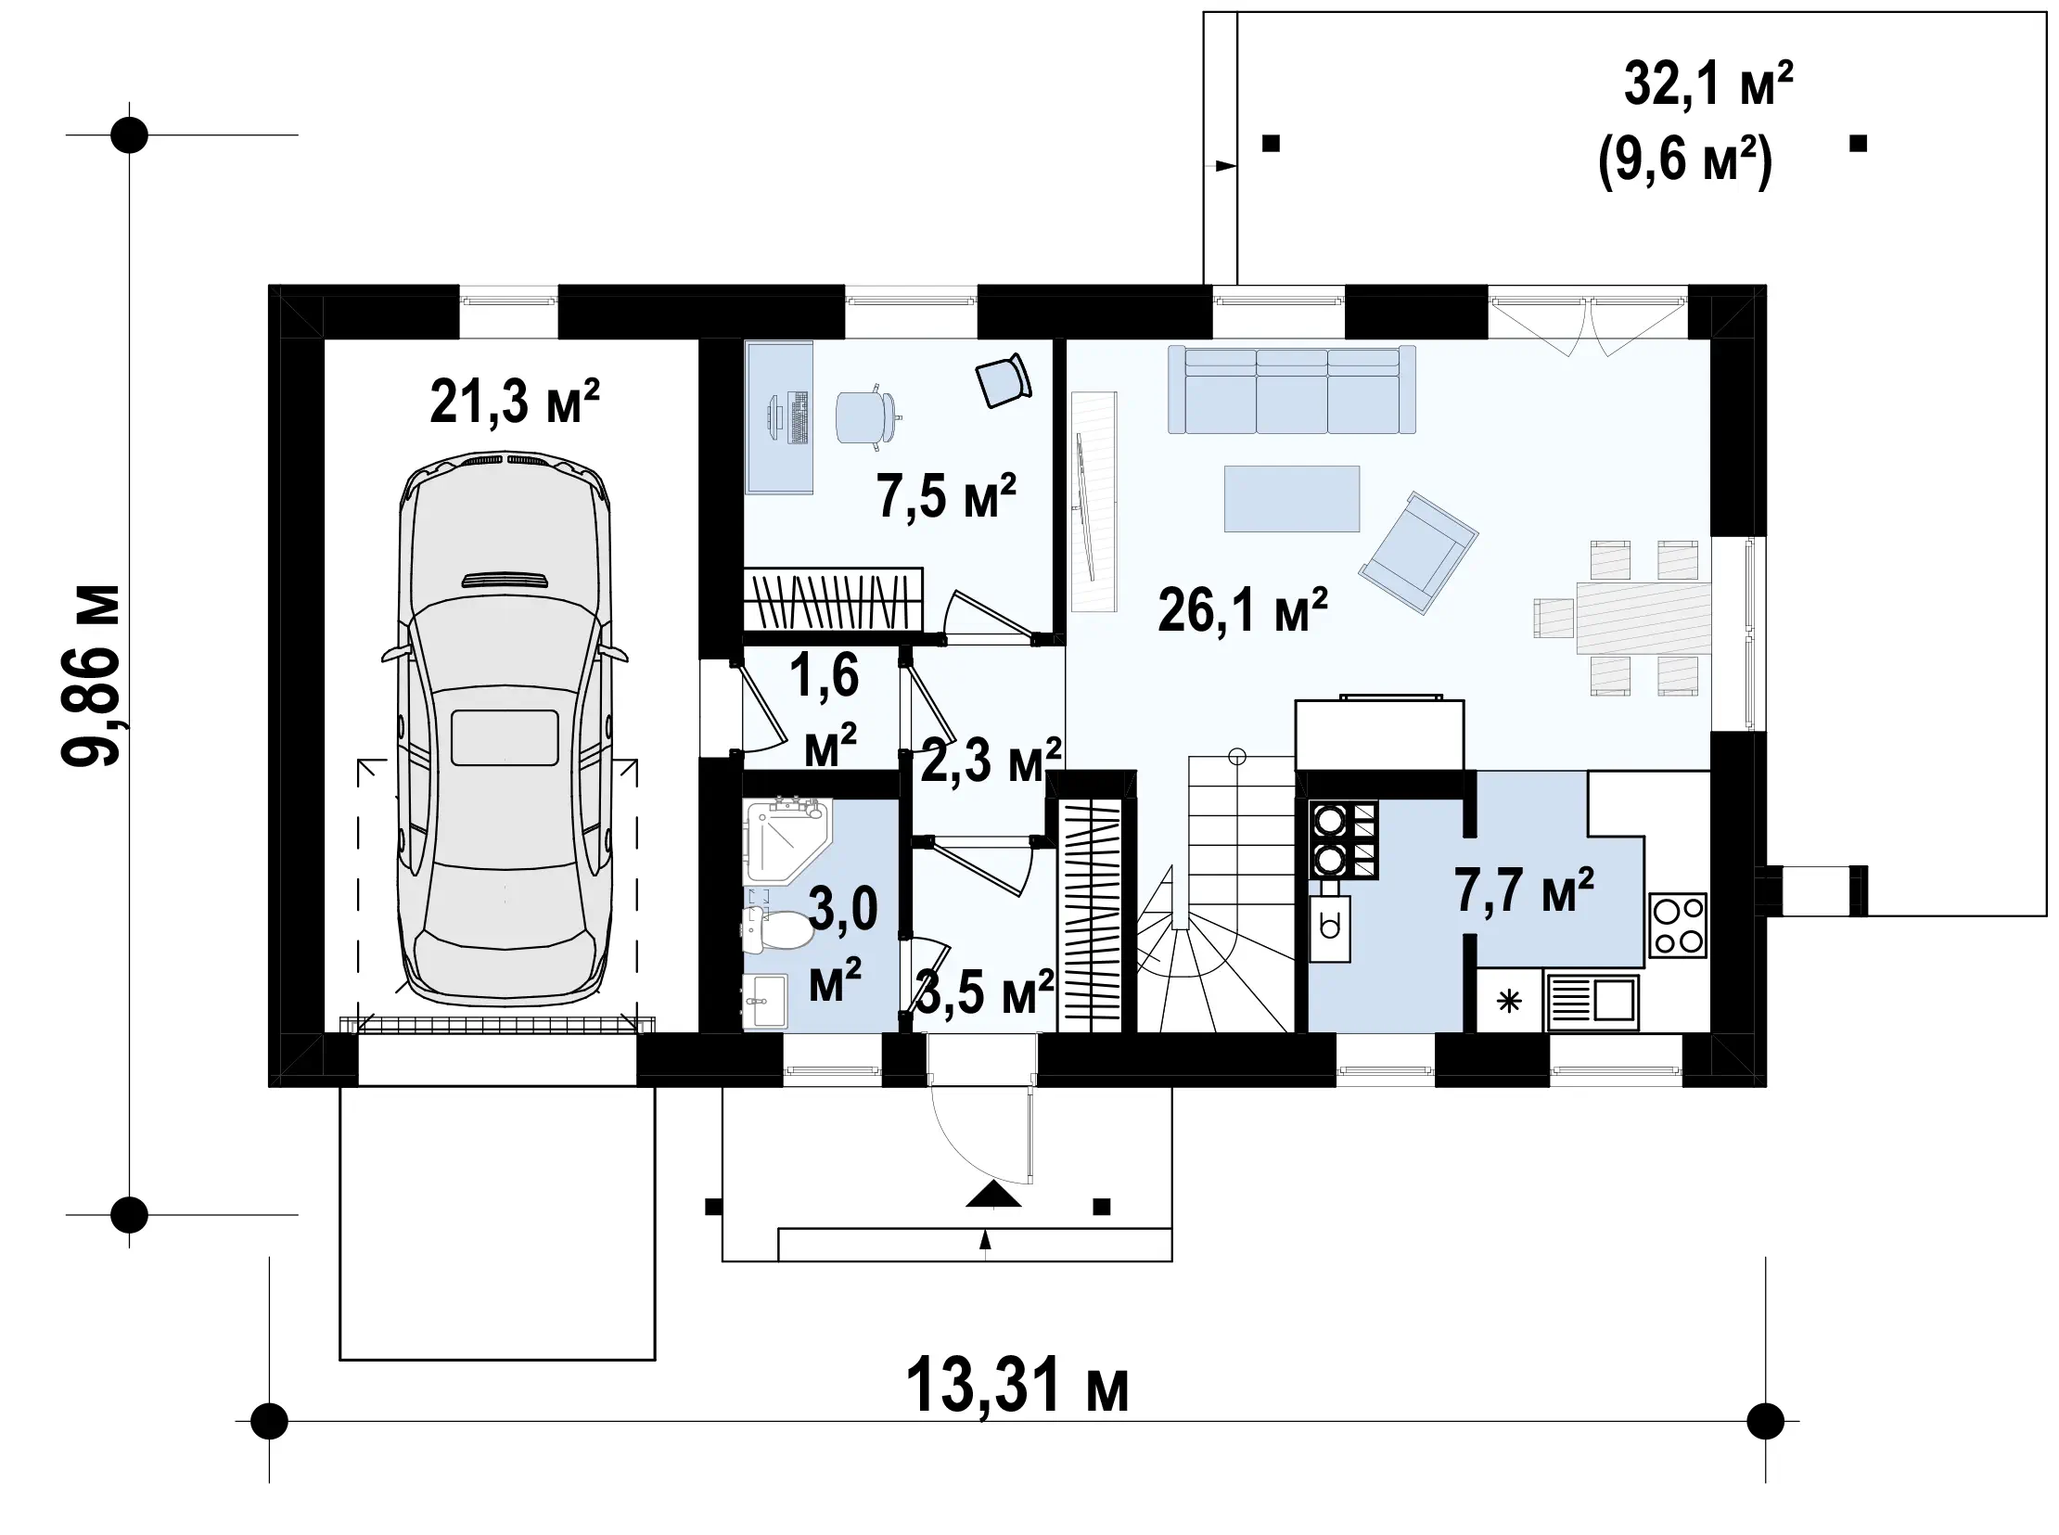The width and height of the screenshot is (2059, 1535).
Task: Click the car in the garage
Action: [x=505, y=728]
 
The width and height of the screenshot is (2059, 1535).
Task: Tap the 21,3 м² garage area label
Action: [x=515, y=402]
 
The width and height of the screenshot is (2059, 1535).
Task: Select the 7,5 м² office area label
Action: [x=946, y=495]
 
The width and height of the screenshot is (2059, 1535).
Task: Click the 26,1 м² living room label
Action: [x=1242, y=610]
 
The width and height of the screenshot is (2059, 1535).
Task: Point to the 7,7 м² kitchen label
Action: [x=1524, y=889]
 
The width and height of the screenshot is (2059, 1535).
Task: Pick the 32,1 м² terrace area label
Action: [x=1707, y=83]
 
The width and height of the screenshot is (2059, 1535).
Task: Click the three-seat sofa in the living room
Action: [x=1292, y=390]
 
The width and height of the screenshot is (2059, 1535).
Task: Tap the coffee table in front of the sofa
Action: [x=1292, y=499]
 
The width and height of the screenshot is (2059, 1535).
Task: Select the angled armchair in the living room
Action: [x=1418, y=552]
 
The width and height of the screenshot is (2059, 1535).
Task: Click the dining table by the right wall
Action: [x=1643, y=617]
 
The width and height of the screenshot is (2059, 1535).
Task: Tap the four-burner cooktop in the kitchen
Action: [x=1678, y=926]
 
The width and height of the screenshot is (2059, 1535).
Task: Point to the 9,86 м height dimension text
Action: [x=91, y=675]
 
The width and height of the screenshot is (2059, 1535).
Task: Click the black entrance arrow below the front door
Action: [x=993, y=1195]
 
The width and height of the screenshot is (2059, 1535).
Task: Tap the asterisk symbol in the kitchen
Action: [x=1509, y=1002]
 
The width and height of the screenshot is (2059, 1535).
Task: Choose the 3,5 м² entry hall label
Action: [x=985, y=992]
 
